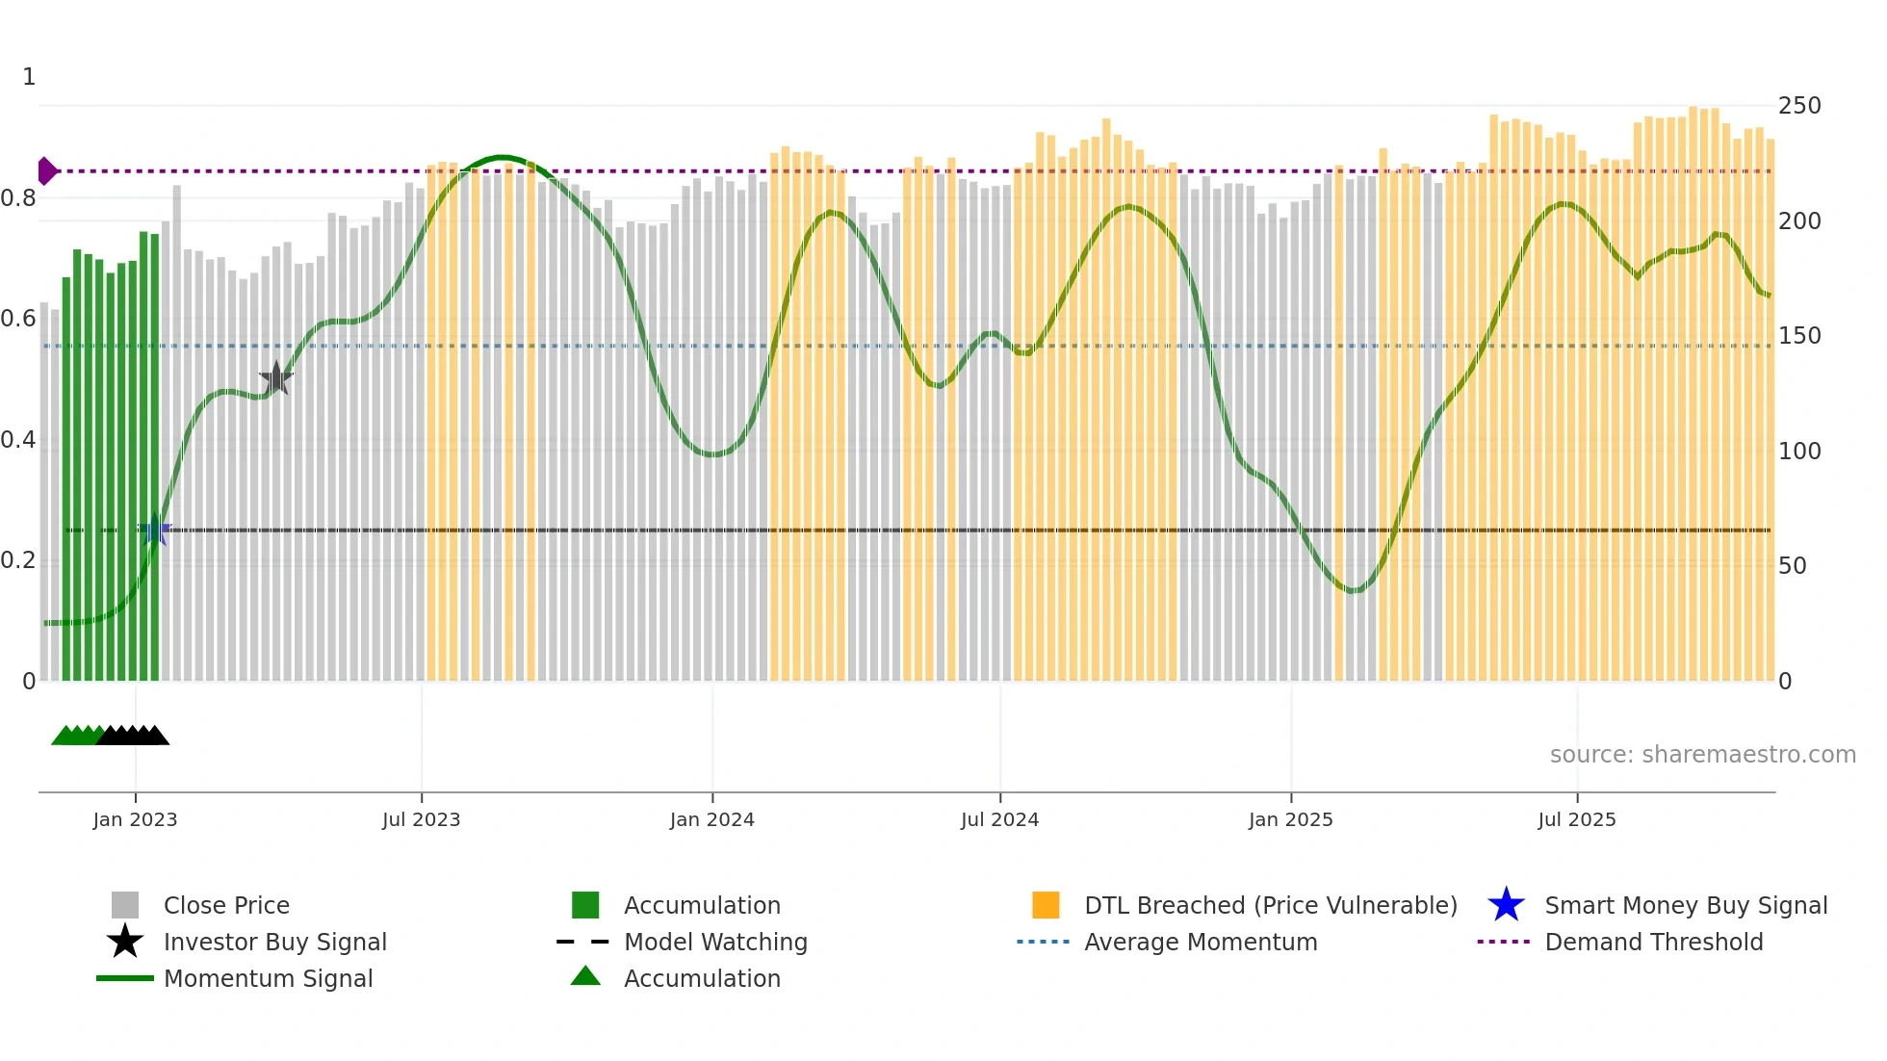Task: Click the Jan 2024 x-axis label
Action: point(711,819)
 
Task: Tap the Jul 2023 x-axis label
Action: point(421,819)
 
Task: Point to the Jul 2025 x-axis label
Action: point(1576,819)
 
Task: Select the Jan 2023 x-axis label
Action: point(135,819)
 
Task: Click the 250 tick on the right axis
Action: point(1798,106)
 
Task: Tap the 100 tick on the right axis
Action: point(1798,451)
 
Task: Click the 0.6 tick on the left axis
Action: point(18,319)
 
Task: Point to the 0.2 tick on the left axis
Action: point(18,560)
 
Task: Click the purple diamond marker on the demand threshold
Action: point(46,171)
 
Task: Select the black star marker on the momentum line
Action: point(276,378)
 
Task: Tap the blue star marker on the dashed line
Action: point(155,530)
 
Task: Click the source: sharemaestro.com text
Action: point(1702,754)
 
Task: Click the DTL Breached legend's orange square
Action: point(1046,905)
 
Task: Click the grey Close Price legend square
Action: point(125,905)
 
